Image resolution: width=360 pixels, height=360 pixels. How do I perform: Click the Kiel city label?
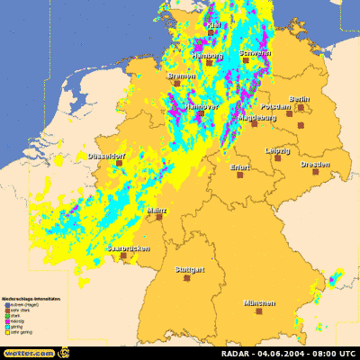click(x=212, y=24)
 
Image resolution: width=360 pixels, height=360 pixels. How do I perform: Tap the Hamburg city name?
click(x=207, y=56)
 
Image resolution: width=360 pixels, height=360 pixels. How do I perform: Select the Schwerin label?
click(x=256, y=54)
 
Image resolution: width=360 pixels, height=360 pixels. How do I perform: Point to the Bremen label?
click(x=181, y=76)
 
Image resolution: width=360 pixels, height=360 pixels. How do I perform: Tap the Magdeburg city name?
click(x=256, y=117)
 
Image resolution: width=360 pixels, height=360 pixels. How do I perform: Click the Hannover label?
click(x=201, y=106)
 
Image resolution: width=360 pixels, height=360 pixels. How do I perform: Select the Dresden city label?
click(x=314, y=165)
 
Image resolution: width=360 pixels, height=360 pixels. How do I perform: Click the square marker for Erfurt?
click(x=240, y=175)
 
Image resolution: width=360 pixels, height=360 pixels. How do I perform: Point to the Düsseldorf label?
click(x=106, y=157)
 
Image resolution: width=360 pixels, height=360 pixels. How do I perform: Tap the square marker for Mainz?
click(x=158, y=217)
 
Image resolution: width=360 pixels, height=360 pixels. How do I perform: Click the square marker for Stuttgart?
click(x=188, y=279)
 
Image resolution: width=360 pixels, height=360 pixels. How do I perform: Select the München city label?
click(x=259, y=304)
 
